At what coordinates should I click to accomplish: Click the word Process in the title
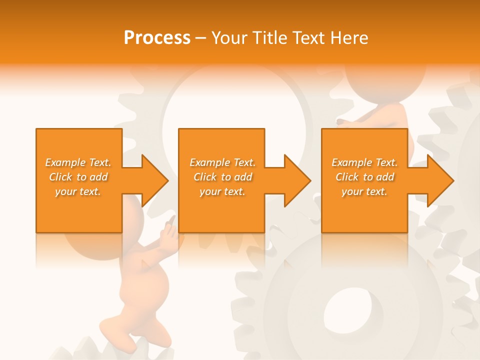pyautogui.click(x=157, y=38)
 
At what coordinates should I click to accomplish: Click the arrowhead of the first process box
pyautogui.click(x=155, y=180)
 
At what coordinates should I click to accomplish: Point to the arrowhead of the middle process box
pyautogui.click(x=297, y=180)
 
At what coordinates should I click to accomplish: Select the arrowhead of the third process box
pyautogui.click(x=440, y=180)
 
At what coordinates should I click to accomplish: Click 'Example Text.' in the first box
pyautogui.click(x=78, y=162)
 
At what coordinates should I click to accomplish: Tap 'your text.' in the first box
pyautogui.click(x=78, y=191)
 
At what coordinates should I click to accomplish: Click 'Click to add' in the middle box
pyautogui.click(x=223, y=177)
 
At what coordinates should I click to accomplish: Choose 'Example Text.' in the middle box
pyautogui.click(x=223, y=162)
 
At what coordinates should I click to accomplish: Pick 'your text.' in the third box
pyautogui.click(x=365, y=191)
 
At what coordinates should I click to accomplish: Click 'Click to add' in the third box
pyautogui.click(x=365, y=177)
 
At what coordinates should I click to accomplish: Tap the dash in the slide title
pyautogui.click(x=200, y=38)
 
